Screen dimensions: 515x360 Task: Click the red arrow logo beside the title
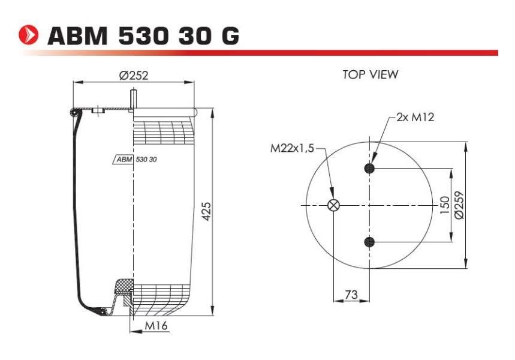(x=28, y=35)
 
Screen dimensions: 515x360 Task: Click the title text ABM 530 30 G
(x=143, y=35)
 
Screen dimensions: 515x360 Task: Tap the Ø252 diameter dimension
(x=134, y=76)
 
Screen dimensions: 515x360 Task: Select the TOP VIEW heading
(x=370, y=74)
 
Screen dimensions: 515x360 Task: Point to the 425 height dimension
(x=206, y=212)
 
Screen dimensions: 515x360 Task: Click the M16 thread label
(x=156, y=325)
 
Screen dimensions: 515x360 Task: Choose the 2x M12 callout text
(x=415, y=117)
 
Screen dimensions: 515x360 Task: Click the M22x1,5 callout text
(x=292, y=149)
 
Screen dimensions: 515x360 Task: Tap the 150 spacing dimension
(x=444, y=205)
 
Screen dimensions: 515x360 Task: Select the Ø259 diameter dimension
(x=459, y=205)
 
